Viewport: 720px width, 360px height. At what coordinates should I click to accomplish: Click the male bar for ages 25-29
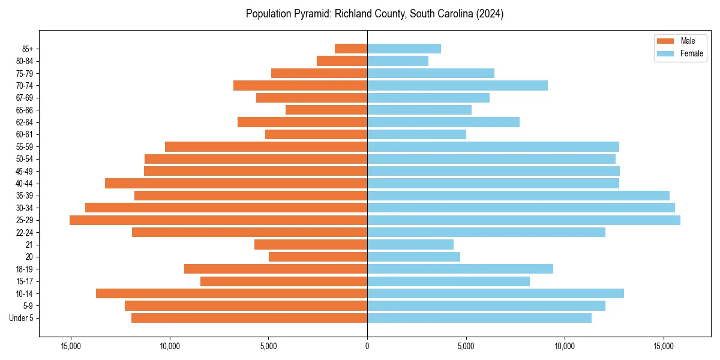coord(218,220)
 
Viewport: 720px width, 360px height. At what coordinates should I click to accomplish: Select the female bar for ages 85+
coord(404,49)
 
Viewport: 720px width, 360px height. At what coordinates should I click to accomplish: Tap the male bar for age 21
coord(311,244)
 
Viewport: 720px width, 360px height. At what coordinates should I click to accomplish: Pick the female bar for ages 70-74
coord(457,85)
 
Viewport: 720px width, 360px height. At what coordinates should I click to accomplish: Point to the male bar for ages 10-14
coord(232,293)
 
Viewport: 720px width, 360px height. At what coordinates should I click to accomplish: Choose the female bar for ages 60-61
coord(416,134)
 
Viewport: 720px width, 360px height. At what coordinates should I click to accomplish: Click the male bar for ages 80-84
coord(342,61)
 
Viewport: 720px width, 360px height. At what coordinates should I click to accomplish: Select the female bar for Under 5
coord(479,318)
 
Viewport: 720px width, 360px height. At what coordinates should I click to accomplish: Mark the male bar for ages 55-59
coord(266,146)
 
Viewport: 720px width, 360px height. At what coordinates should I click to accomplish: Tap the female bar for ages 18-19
coord(460,269)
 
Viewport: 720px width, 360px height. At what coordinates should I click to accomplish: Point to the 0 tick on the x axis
coord(367,346)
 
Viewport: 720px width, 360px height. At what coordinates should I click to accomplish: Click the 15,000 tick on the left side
coord(71,346)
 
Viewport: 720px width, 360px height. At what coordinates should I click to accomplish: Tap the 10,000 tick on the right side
coord(565,346)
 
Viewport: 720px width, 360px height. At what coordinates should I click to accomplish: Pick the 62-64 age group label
coord(25,122)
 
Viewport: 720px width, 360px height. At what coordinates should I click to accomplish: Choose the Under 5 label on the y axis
coord(22,318)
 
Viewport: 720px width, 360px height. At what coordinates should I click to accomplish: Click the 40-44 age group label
coord(25,184)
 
